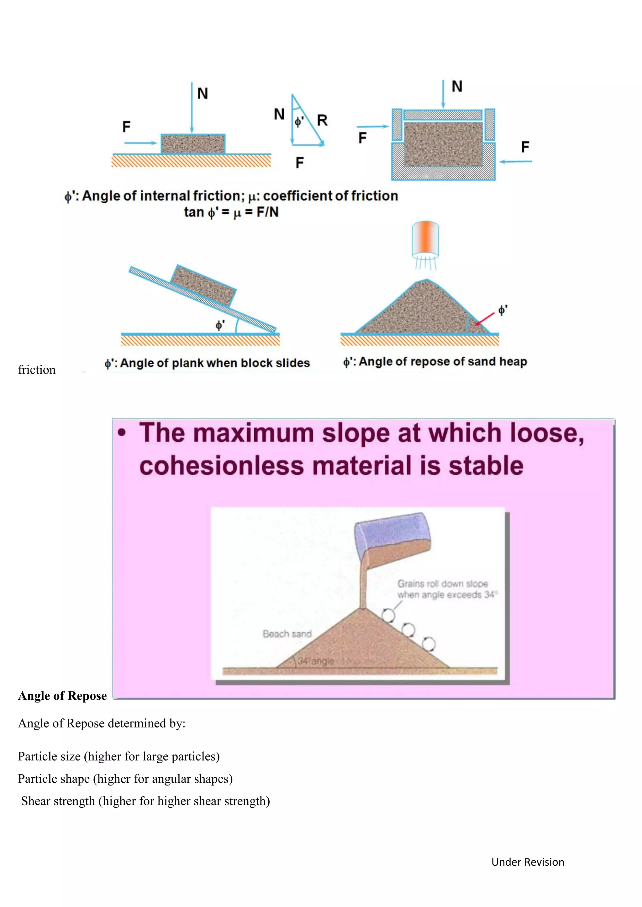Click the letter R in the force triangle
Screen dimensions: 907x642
[x=322, y=120]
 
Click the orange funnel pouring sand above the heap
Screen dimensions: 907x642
[x=425, y=239]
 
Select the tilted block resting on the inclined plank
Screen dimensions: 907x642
[x=203, y=286]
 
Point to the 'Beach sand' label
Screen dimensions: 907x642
[x=287, y=634]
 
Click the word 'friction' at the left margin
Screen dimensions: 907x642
[x=37, y=370]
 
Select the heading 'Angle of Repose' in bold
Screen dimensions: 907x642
[x=62, y=696]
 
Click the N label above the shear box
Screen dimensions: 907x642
[x=457, y=86]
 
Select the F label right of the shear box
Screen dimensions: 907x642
[x=525, y=147]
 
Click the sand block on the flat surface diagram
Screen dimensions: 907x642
[x=193, y=144]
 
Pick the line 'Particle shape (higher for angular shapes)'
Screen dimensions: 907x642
[x=125, y=779]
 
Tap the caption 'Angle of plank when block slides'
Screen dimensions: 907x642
[x=207, y=363]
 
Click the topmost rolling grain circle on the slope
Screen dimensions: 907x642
[x=388, y=615]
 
